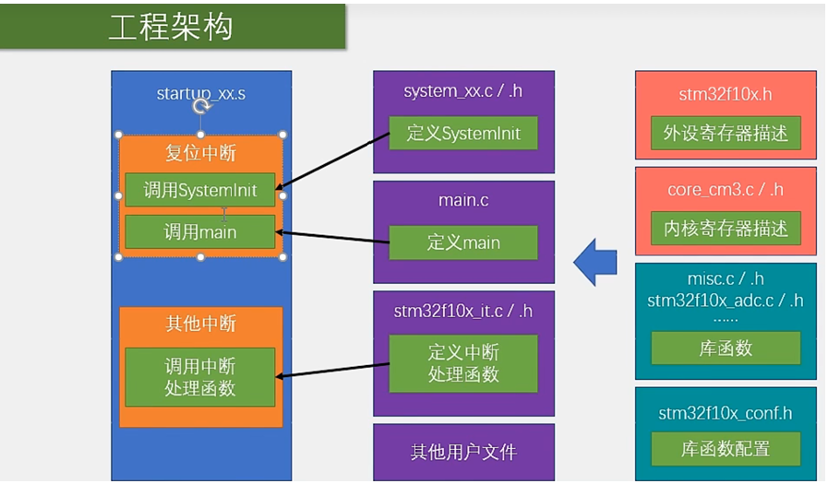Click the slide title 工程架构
(x=171, y=27)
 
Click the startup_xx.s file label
(x=200, y=93)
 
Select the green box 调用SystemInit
(x=200, y=191)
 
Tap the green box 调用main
(x=200, y=231)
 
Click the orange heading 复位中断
(x=200, y=153)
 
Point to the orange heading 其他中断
(x=200, y=324)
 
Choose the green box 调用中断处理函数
(x=200, y=377)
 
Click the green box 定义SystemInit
(x=463, y=134)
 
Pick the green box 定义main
(x=463, y=242)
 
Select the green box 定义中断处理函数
(x=463, y=363)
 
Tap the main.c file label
(x=463, y=200)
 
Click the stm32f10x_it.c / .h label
(x=463, y=311)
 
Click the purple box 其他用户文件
(x=463, y=453)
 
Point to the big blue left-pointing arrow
(x=595, y=263)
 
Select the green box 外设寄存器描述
(x=726, y=134)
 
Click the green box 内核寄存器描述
(x=726, y=229)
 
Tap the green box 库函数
(x=726, y=348)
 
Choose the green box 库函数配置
(x=726, y=449)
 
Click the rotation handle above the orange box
(x=201, y=107)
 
